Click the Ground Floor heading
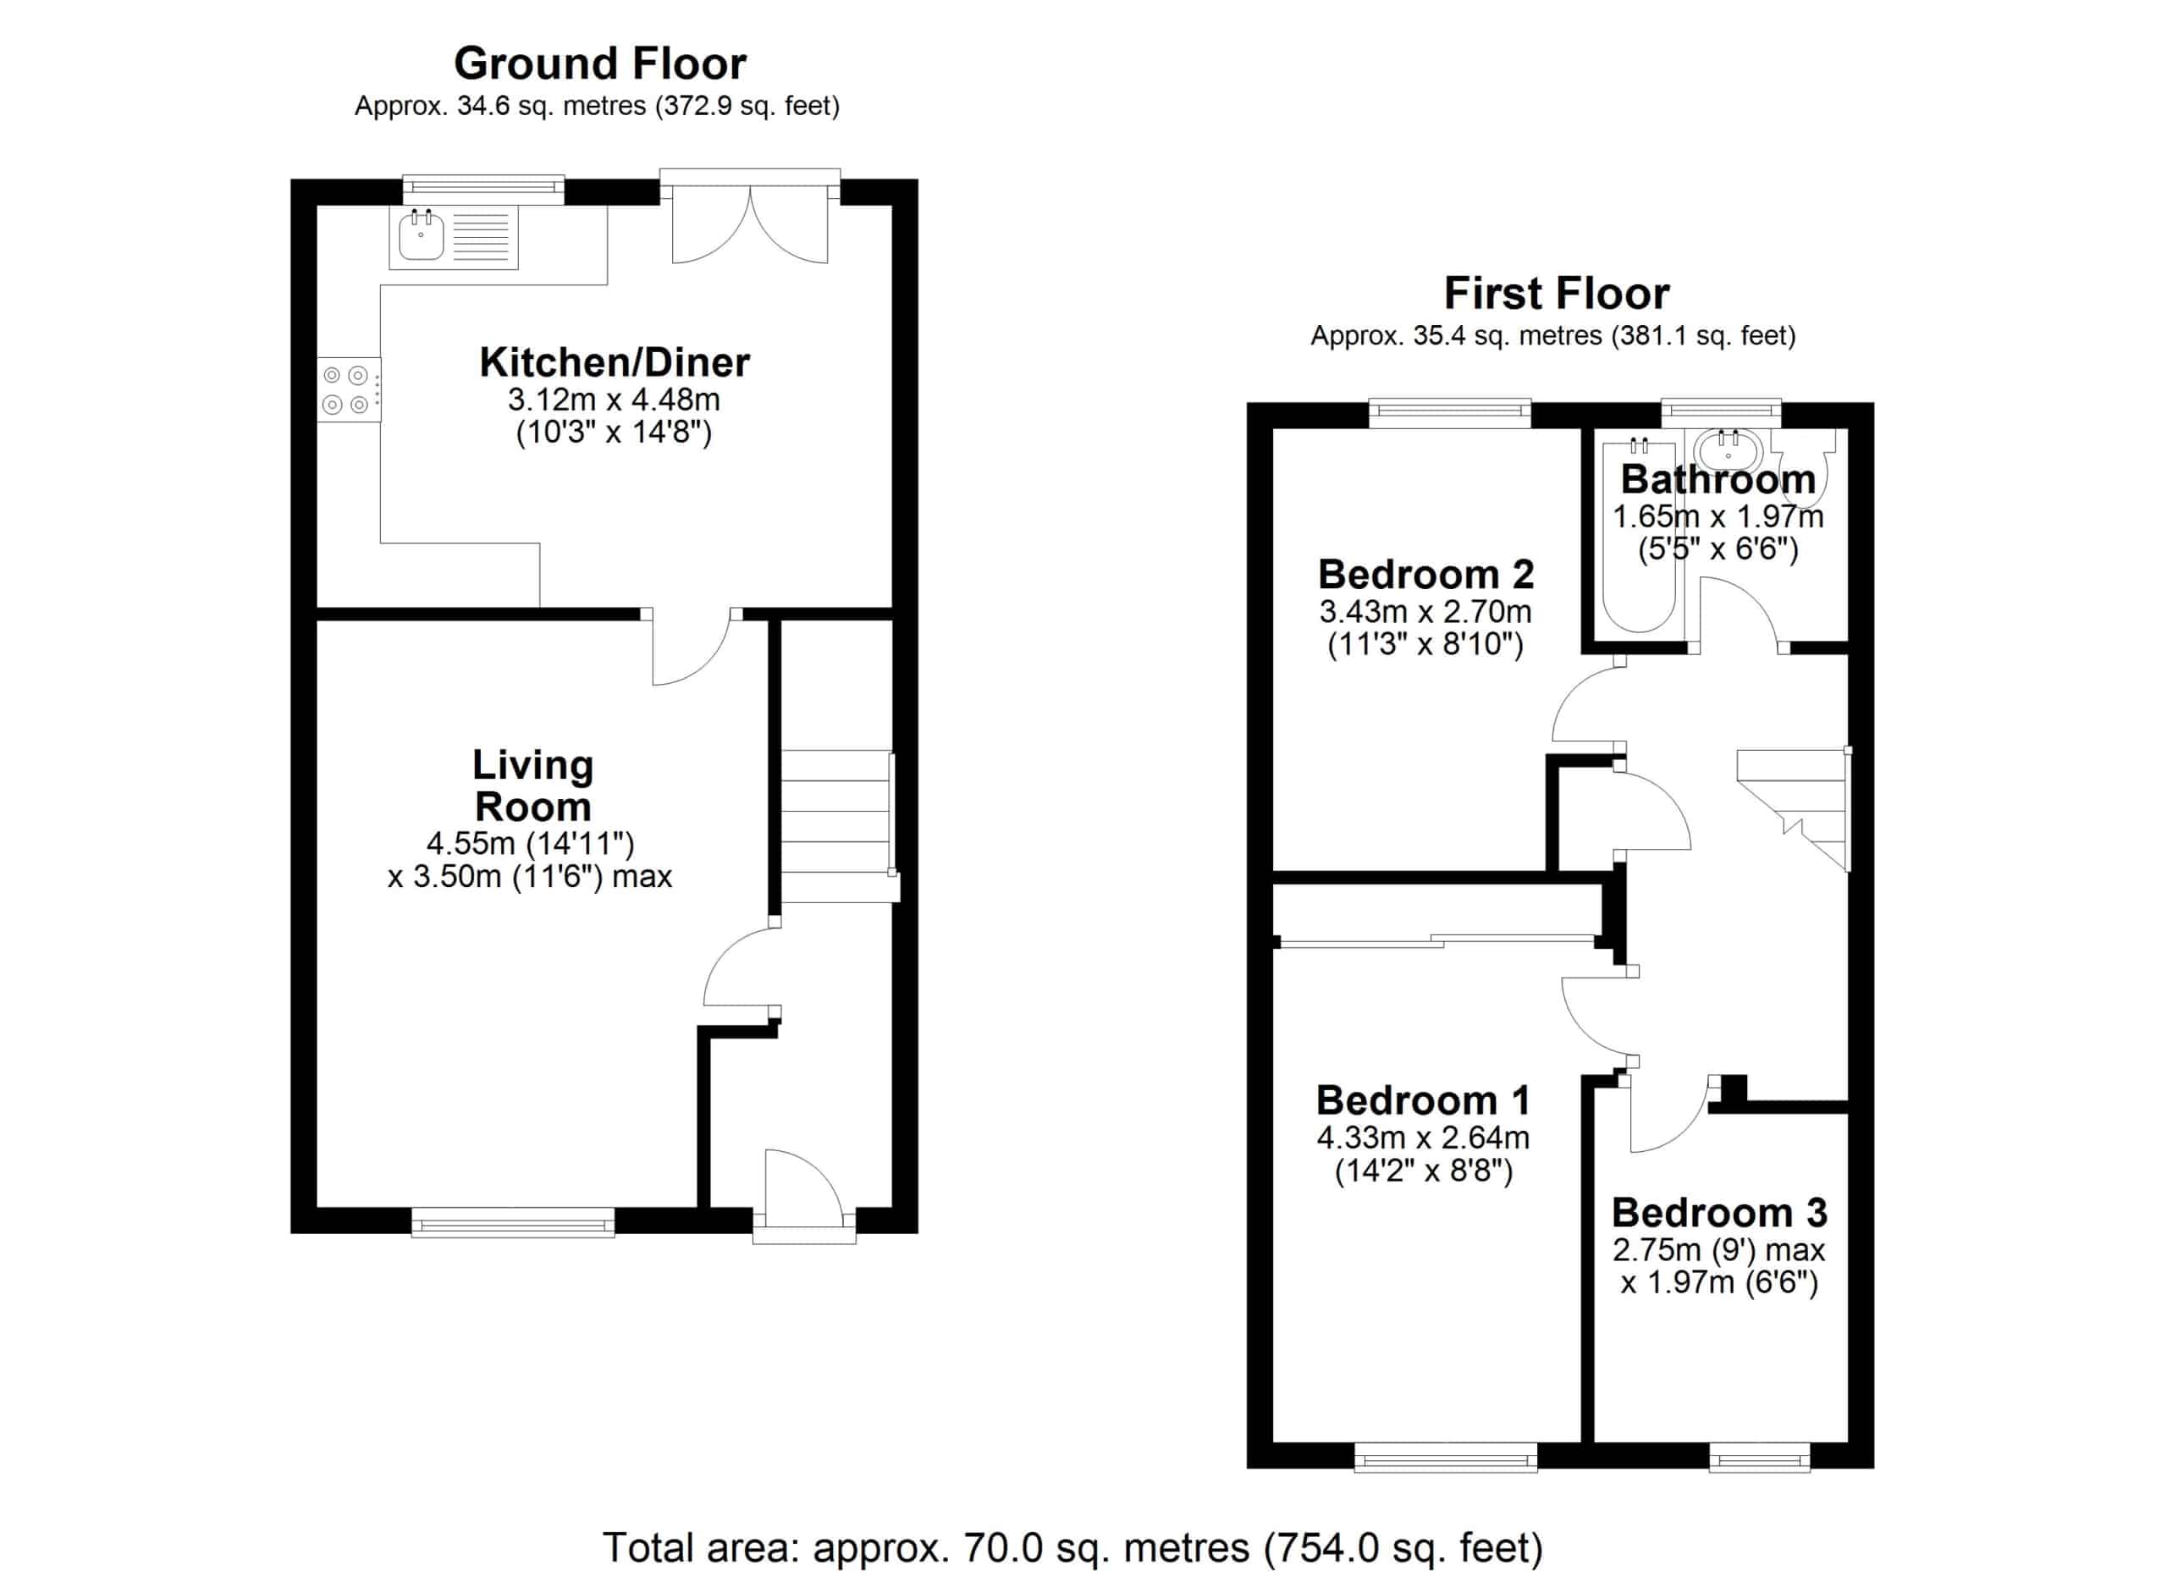(600, 64)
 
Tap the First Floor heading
(1557, 293)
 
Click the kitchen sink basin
(421, 236)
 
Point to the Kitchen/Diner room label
(615, 363)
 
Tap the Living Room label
(533, 785)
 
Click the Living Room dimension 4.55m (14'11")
(530, 843)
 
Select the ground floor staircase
(838, 826)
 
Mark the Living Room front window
(513, 1221)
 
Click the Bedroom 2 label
(1426, 575)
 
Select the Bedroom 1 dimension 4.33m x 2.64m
(1424, 1138)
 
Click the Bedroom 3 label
(1720, 1213)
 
